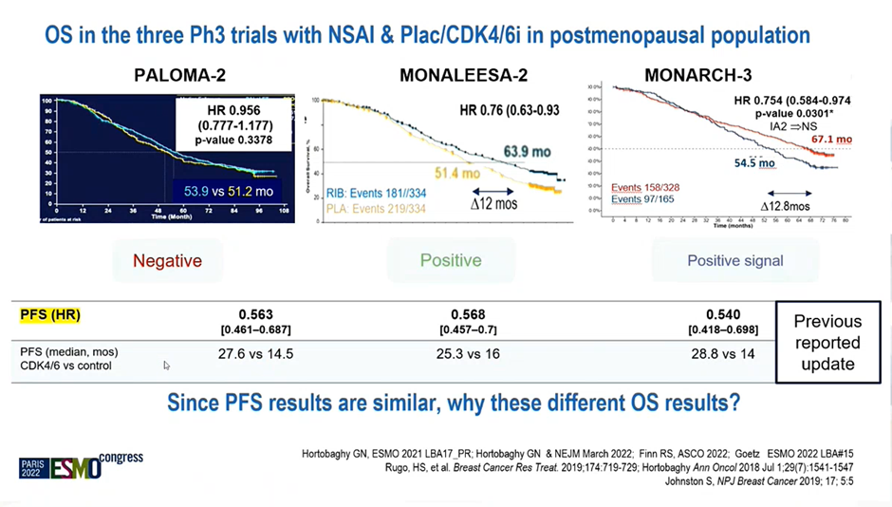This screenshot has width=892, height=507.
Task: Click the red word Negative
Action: tap(167, 260)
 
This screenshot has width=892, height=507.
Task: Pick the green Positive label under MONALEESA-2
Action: tap(451, 260)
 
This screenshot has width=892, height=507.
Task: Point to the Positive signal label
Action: tap(735, 260)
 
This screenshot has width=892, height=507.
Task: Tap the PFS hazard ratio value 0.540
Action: tap(721, 314)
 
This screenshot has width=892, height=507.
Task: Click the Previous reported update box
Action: tap(827, 343)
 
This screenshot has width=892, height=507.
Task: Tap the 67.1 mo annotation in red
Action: tap(831, 140)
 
